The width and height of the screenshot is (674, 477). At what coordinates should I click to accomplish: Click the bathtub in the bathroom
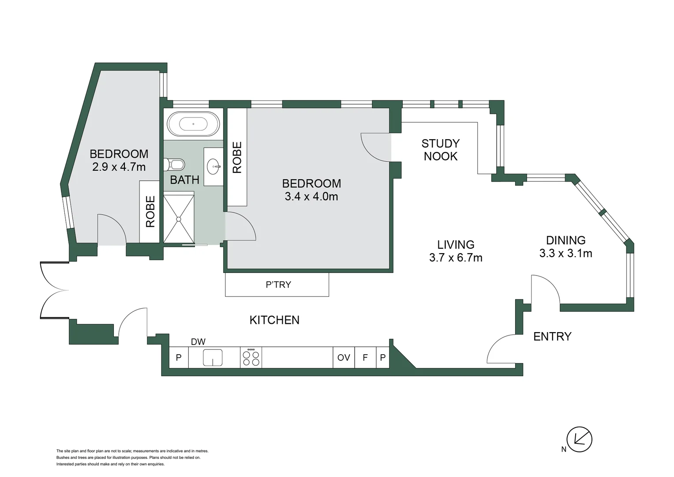click(193, 124)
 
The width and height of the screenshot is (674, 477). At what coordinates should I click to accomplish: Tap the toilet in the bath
click(175, 165)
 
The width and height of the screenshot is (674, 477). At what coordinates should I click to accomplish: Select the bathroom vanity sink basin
click(214, 167)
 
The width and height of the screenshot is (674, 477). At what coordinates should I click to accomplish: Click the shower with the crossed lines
click(179, 219)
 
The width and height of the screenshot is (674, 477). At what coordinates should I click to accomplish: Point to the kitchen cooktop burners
click(251, 357)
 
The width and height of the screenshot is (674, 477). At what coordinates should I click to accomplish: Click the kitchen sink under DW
click(213, 357)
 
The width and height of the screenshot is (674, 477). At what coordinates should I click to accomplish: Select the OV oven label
click(344, 357)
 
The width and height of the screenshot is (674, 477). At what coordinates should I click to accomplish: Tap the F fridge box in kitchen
click(365, 357)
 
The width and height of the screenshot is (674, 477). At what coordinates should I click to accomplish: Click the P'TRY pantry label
click(278, 285)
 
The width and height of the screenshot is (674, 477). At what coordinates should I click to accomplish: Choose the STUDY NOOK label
click(440, 150)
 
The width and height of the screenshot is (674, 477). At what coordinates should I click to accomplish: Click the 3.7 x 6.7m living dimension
click(456, 258)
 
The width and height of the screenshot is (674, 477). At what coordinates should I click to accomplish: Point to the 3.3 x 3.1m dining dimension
click(565, 254)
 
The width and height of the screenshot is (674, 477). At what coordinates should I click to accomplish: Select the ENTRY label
click(552, 337)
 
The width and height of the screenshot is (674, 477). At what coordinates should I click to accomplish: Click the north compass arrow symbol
click(579, 439)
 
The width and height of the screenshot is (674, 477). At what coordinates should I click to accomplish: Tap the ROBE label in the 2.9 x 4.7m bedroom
click(150, 212)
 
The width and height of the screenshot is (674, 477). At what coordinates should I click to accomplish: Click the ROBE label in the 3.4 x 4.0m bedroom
click(237, 157)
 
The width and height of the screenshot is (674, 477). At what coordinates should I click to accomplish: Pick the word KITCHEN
click(274, 320)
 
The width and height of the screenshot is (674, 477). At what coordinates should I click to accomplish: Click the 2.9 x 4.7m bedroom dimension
click(119, 167)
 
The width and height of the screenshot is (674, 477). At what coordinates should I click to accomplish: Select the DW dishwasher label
click(198, 342)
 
